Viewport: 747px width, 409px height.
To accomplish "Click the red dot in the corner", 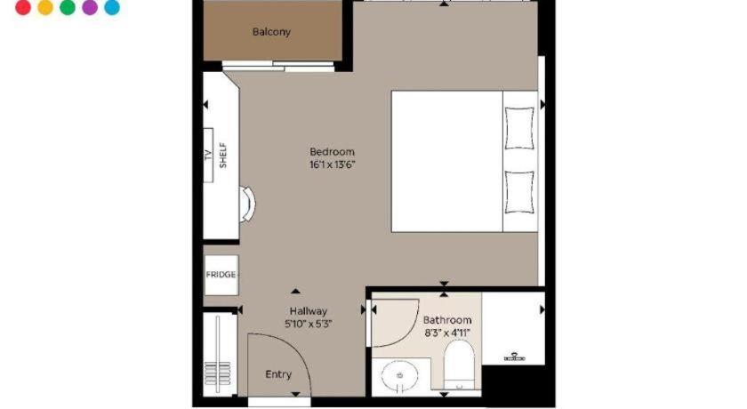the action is click(23, 7).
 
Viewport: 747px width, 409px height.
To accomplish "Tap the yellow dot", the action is click(45, 7).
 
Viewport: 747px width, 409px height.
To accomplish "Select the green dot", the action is click(68, 7).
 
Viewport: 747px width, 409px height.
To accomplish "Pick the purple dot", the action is click(90, 7).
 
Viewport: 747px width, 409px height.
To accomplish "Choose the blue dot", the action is click(112, 7).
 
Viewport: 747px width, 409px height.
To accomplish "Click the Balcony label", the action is click(271, 32).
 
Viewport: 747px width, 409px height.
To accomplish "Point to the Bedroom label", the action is click(332, 152).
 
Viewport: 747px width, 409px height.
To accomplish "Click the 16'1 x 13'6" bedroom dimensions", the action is click(333, 164).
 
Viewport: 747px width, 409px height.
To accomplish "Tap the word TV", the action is click(208, 155).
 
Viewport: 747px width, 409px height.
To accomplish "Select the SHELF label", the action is click(223, 156).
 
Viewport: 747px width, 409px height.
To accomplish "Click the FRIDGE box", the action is click(221, 275).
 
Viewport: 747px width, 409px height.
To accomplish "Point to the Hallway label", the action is click(309, 311).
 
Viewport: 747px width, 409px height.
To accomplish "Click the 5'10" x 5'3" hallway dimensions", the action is click(309, 325).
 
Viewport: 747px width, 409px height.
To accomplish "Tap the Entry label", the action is click(278, 374).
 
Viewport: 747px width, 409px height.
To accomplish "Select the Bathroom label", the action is click(447, 320).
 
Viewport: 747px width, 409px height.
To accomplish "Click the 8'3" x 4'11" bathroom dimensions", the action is click(447, 333).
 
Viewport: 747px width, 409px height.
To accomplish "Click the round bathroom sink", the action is click(399, 376).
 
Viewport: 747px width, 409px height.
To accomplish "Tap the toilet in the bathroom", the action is click(459, 365).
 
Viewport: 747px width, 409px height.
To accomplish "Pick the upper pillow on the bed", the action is click(519, 128).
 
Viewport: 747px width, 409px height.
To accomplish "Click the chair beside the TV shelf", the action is click(248, 204).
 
